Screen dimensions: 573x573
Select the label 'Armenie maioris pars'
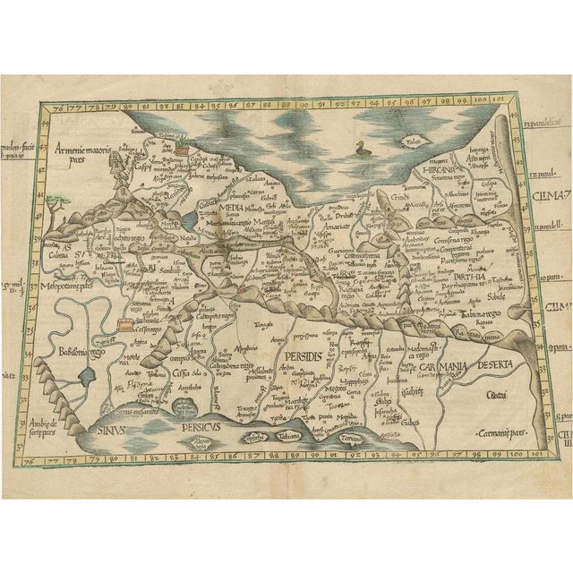(80, 150)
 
